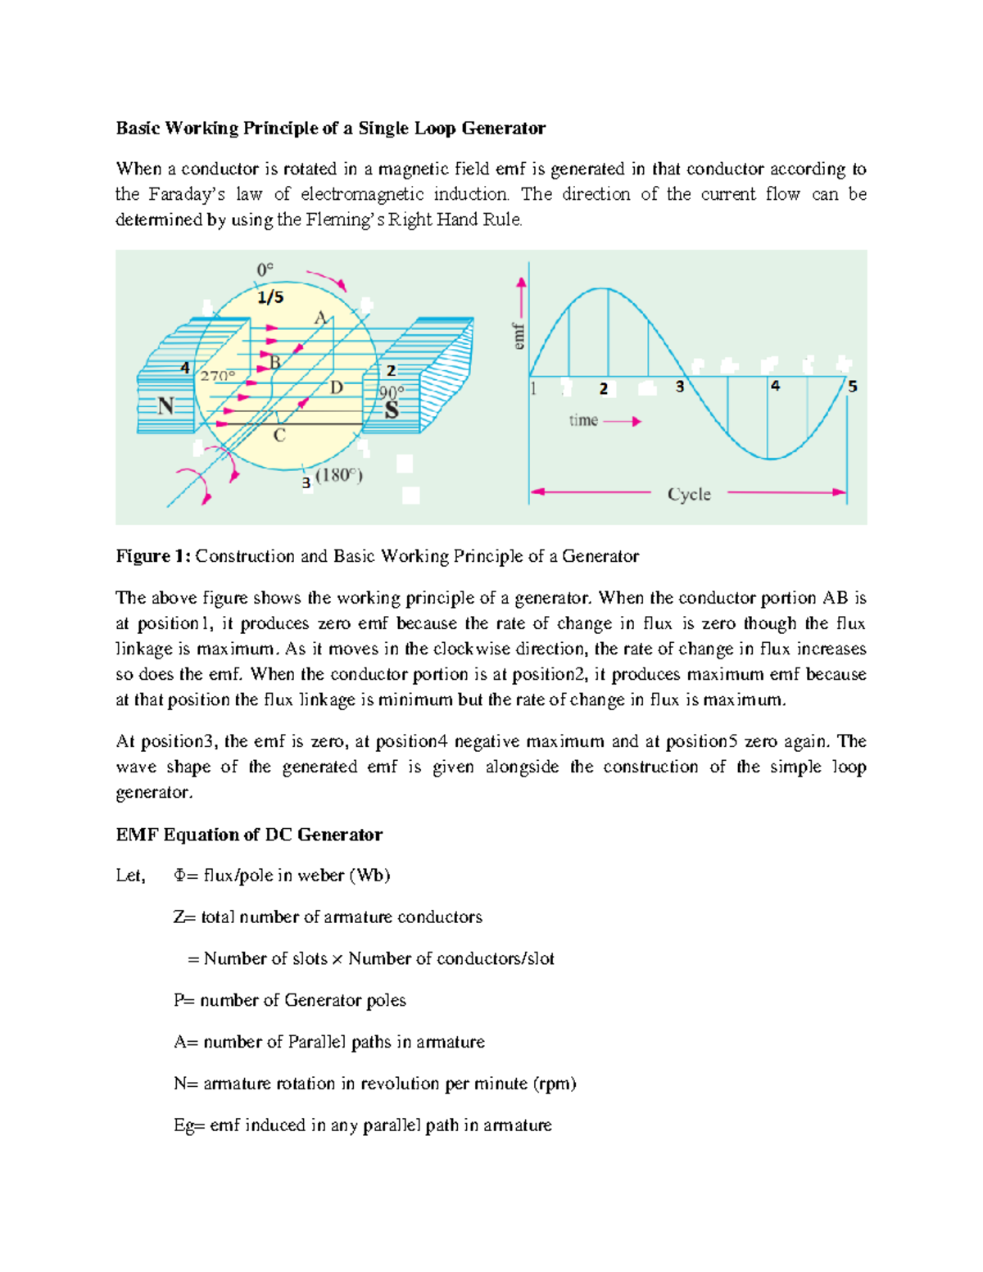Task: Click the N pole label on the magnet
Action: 166,405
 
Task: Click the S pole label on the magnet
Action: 392,410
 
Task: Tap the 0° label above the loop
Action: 265,269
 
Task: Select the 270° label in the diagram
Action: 217,376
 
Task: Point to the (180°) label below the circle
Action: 339,475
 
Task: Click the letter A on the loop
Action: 321,318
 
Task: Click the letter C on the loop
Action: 279,436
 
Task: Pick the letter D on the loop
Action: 337,387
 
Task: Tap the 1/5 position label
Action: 270,296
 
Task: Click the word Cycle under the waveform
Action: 689,494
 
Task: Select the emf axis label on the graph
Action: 519,337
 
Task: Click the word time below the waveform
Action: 583,421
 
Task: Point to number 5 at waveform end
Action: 853,386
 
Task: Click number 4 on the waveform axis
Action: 775,385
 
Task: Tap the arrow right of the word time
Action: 624,421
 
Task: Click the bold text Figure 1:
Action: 153,556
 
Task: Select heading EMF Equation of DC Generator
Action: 249,835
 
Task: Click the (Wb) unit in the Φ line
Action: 369,876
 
